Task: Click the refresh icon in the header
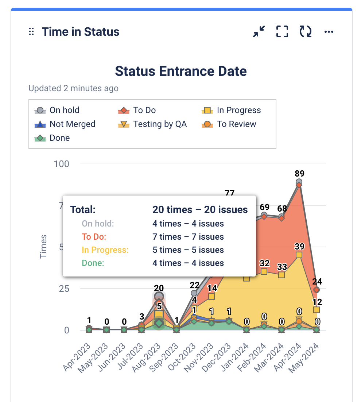click(306, 32)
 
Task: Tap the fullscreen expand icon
click(282, 32)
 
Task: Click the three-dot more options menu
click(329, 32)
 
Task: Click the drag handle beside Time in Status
click(31, 32)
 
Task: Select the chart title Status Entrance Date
click(181, 71)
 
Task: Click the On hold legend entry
click(57, 110)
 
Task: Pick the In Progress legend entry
click(231, 110)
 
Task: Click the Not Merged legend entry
click(65, 124)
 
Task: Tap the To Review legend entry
click(229, 124)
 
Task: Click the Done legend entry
click(53, 138)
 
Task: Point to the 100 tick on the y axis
click(62, 163)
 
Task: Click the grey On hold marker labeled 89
click(299, 182)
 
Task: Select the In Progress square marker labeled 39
click(299, 255)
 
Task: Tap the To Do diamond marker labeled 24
click(317, 290)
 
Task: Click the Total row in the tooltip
click(159, 210)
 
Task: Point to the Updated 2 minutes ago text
click(73, 88)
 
